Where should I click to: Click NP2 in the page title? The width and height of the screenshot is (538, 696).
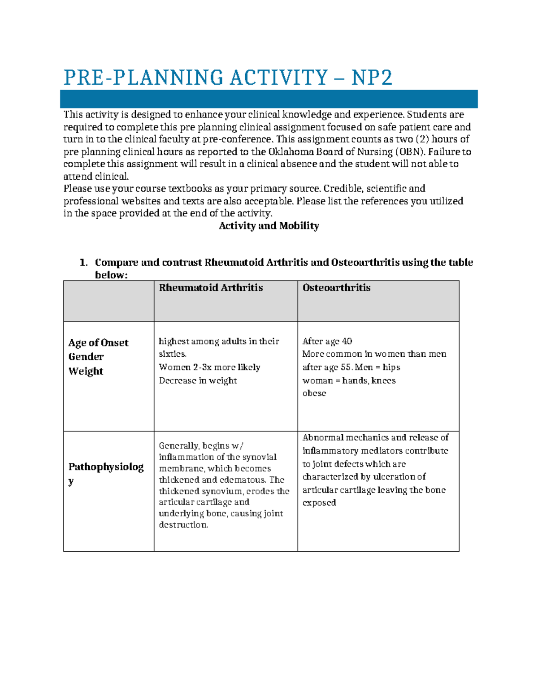coord(372,78)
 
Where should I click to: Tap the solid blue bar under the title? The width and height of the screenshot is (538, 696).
coord(269,99)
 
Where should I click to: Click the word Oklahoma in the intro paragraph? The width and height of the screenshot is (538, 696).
coord(291,151)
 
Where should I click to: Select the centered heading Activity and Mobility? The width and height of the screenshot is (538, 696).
coord(269,226)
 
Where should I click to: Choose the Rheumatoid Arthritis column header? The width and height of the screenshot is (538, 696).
coord(211,288)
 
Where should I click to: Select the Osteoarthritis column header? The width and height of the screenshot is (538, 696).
coord(336,288)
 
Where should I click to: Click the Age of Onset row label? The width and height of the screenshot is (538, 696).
coord(98,343)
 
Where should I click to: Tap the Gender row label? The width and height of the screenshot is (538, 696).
coord(86,357)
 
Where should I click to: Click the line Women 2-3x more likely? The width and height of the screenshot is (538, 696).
coord(209,367)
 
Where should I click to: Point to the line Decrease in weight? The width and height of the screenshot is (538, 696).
coord(198,380)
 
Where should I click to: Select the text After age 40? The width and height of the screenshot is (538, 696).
coord(327,341)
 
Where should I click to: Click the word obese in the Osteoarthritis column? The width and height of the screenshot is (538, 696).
coord(314,393)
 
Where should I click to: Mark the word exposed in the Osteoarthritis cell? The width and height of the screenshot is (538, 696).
coord(319,503)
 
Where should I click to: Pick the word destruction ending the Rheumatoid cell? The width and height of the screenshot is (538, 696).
coord(183,525)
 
